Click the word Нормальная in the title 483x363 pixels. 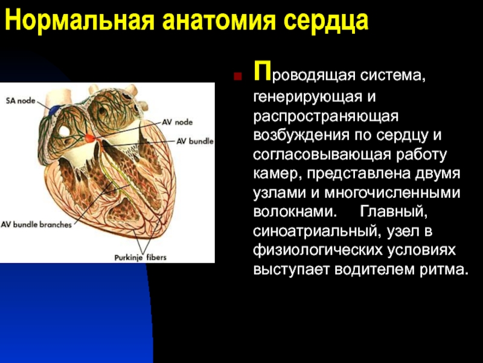[x=80, y=21]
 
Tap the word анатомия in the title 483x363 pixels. [x=219, y=21]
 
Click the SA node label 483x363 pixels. [x=21, y=101]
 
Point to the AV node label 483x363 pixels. [x=178, y=122]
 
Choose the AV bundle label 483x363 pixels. [x=195, y=142]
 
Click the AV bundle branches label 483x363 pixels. [x=36, y=224]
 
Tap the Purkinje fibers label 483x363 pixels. [x=140, y=258]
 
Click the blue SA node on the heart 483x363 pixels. [x=56, y=110]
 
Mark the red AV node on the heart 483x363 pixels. [x=91, y=137]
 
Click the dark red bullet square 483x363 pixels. [x=237, y=76]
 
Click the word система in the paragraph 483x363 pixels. [x=394, y=76]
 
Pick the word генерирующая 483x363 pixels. [x=306, y=97]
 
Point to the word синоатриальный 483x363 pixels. [x=318, y=232]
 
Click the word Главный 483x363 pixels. [x=394, y=212]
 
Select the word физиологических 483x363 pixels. [x=318, y=250]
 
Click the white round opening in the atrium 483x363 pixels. [x=65, y=131]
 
